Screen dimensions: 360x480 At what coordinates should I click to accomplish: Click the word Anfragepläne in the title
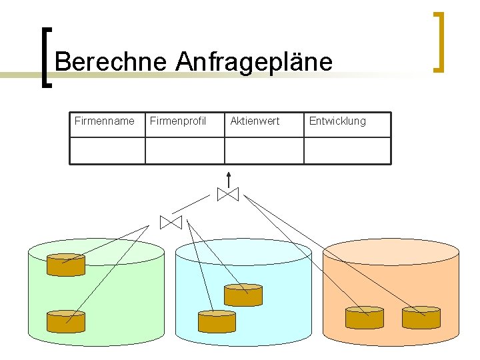(x=254, y=62)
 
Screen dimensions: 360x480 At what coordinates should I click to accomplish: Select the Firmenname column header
(x=105, y=121)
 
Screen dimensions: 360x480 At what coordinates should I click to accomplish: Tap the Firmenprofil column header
(x=178, y=121)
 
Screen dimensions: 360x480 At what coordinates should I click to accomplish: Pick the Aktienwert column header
(x=255, y=121)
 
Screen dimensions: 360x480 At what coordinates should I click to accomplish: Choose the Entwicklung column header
(x=337, y=121)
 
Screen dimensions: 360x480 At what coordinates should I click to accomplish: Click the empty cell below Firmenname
(x=107, y=151)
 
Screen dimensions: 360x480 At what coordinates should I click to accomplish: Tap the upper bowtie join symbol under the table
(x=228, y=194)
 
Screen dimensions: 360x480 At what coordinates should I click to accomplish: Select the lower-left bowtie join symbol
(x=171, y=222)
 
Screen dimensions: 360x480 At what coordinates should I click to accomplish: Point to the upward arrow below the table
(x=229, y=178)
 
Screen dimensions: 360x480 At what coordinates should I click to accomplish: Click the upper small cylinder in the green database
(x=66, y=265)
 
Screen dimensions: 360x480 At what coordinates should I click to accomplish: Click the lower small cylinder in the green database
(x=66, y=321)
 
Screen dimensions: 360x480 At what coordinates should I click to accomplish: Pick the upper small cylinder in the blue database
(x=243, y=295)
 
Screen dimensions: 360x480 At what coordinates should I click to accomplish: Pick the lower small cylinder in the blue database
(x=217, y=321)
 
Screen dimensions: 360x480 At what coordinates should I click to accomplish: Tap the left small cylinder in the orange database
(x=365, y=317)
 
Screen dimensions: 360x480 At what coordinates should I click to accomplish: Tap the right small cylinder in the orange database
(x=421, y=317)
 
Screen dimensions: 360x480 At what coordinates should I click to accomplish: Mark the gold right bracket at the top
(x=438, y=41)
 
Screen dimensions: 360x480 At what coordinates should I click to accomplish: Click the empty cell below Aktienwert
(x=264, y=151)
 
